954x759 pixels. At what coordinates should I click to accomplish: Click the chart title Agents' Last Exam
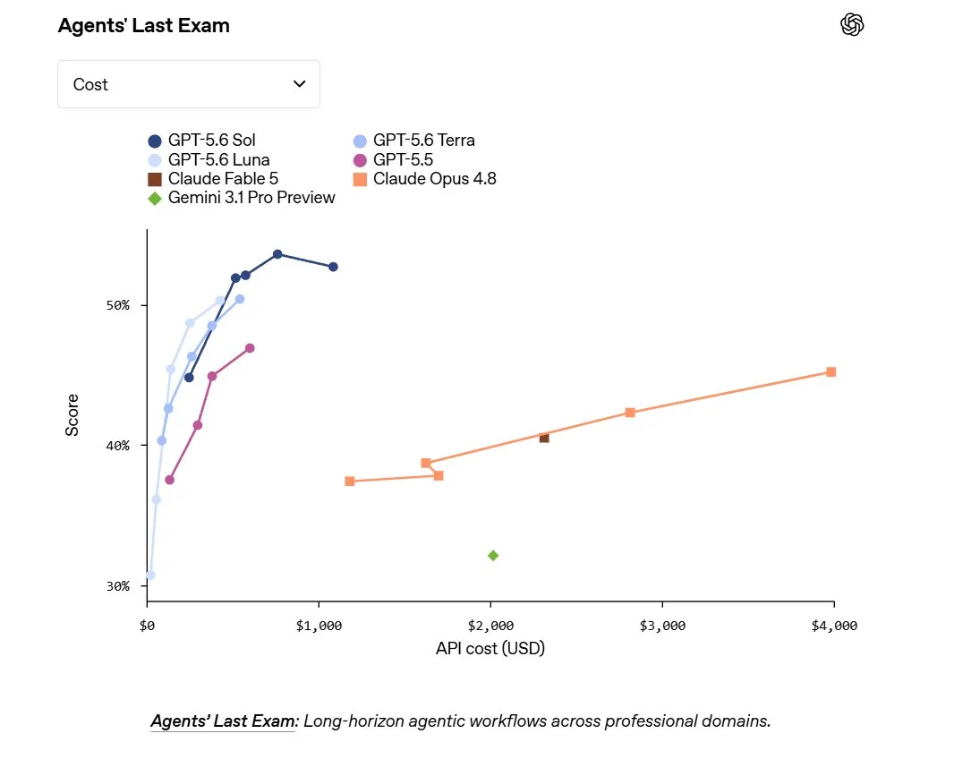click(143, 26)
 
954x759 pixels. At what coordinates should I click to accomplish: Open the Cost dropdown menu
click(189, 84)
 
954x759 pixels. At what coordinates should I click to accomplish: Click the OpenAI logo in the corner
click(852, 25)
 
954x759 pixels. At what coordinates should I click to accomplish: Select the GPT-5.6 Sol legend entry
click(202, 141)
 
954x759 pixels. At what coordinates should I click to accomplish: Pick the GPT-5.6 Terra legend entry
click(413, 141)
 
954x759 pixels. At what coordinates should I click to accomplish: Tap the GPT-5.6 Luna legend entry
click(209, 160)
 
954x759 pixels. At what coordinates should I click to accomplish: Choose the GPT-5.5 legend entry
click(393, 160)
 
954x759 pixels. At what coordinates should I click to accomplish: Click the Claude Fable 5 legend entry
click(213, 179)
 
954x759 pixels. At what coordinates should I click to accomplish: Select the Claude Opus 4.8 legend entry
click(425, 179)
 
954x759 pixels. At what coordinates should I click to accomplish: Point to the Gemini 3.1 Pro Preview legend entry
click(242, 198)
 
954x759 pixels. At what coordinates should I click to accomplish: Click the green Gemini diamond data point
click(493, 555)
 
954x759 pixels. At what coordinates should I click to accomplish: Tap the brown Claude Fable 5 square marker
click(544, 439)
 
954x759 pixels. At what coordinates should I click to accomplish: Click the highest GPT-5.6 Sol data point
click(277, 254)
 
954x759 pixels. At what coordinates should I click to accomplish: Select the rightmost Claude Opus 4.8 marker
click(831, 371)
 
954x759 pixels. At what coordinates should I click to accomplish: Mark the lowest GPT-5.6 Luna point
click(150, 576)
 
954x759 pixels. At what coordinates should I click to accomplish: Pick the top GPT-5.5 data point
click(250, 348)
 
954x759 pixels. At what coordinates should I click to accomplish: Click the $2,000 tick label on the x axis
click(490, 626)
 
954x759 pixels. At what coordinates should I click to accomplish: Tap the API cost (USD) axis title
click(490, 649)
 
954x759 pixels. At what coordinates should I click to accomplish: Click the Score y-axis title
click(72, 415)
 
